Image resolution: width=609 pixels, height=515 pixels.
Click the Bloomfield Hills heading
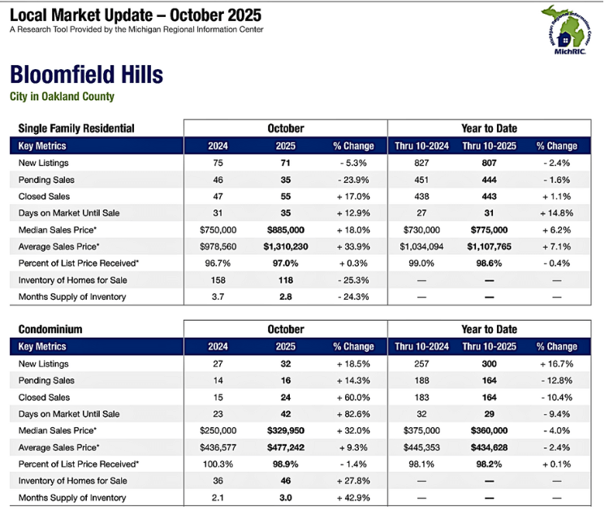click(x=86, y=76)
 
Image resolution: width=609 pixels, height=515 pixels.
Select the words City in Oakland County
click(x=62, y=97)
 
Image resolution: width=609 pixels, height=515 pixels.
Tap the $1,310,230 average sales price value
click(x=285, y=246)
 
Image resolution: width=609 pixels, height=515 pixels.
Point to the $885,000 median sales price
click(x=285, y=230)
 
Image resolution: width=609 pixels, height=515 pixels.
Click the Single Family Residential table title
click(x=76, y=128)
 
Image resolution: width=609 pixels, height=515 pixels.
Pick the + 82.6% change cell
click(x=352, y=414)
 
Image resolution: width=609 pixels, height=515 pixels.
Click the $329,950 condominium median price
click(x=285, y=431)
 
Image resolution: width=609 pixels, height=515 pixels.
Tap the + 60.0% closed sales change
click(x=352, y=397)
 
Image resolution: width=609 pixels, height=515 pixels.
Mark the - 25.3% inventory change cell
click(x=352, y=280)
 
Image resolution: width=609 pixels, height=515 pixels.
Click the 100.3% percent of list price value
click(x=217, y=465)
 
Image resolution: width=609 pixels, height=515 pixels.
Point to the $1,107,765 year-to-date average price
click(x=489, y=246)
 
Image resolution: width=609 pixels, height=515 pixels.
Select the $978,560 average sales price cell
click(x=217, y=246)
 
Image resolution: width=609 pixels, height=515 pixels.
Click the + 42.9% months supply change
click(x=352, y=498)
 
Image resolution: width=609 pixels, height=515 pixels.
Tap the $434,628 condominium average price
click(x=489, y=448)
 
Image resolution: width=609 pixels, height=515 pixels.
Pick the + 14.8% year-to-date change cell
click(x=556, y=213)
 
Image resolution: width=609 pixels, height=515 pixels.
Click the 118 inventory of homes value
click(x=285, y=280)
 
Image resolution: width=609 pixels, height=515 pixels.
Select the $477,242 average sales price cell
click(x=285, y=448)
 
